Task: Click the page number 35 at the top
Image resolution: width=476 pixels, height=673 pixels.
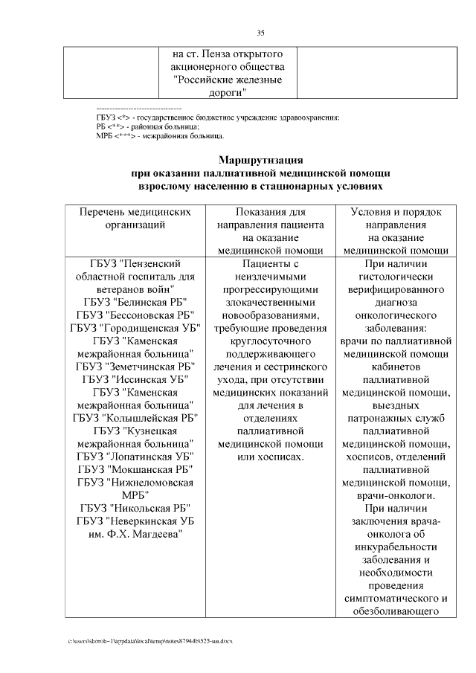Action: [261, 32]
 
